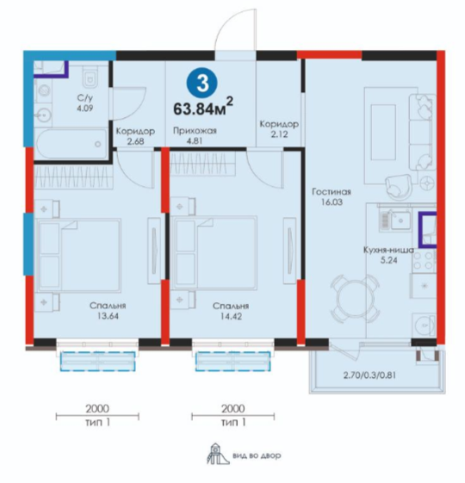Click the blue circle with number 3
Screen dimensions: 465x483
coord(202,84)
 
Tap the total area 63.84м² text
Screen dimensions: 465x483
coord(203,106)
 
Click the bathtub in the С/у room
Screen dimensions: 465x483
coord(71,144)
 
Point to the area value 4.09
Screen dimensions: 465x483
coord(85,108)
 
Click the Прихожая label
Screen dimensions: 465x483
coord(195,131)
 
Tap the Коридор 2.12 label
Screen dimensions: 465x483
coord(279,129)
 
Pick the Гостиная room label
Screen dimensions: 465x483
coord(332,192)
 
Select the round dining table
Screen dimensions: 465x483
coord(354,298)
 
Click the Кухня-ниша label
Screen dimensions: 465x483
coord(389,250)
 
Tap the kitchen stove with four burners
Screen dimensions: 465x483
coord(424,260)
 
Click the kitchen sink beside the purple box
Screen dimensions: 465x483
coord(394,220)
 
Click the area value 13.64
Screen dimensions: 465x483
coord(108,316)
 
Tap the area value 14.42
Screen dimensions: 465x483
coord(231,316)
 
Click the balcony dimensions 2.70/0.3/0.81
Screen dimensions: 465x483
coord(369,375)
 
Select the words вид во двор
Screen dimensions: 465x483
coord(257,455)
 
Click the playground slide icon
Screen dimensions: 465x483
coord(218,453)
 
